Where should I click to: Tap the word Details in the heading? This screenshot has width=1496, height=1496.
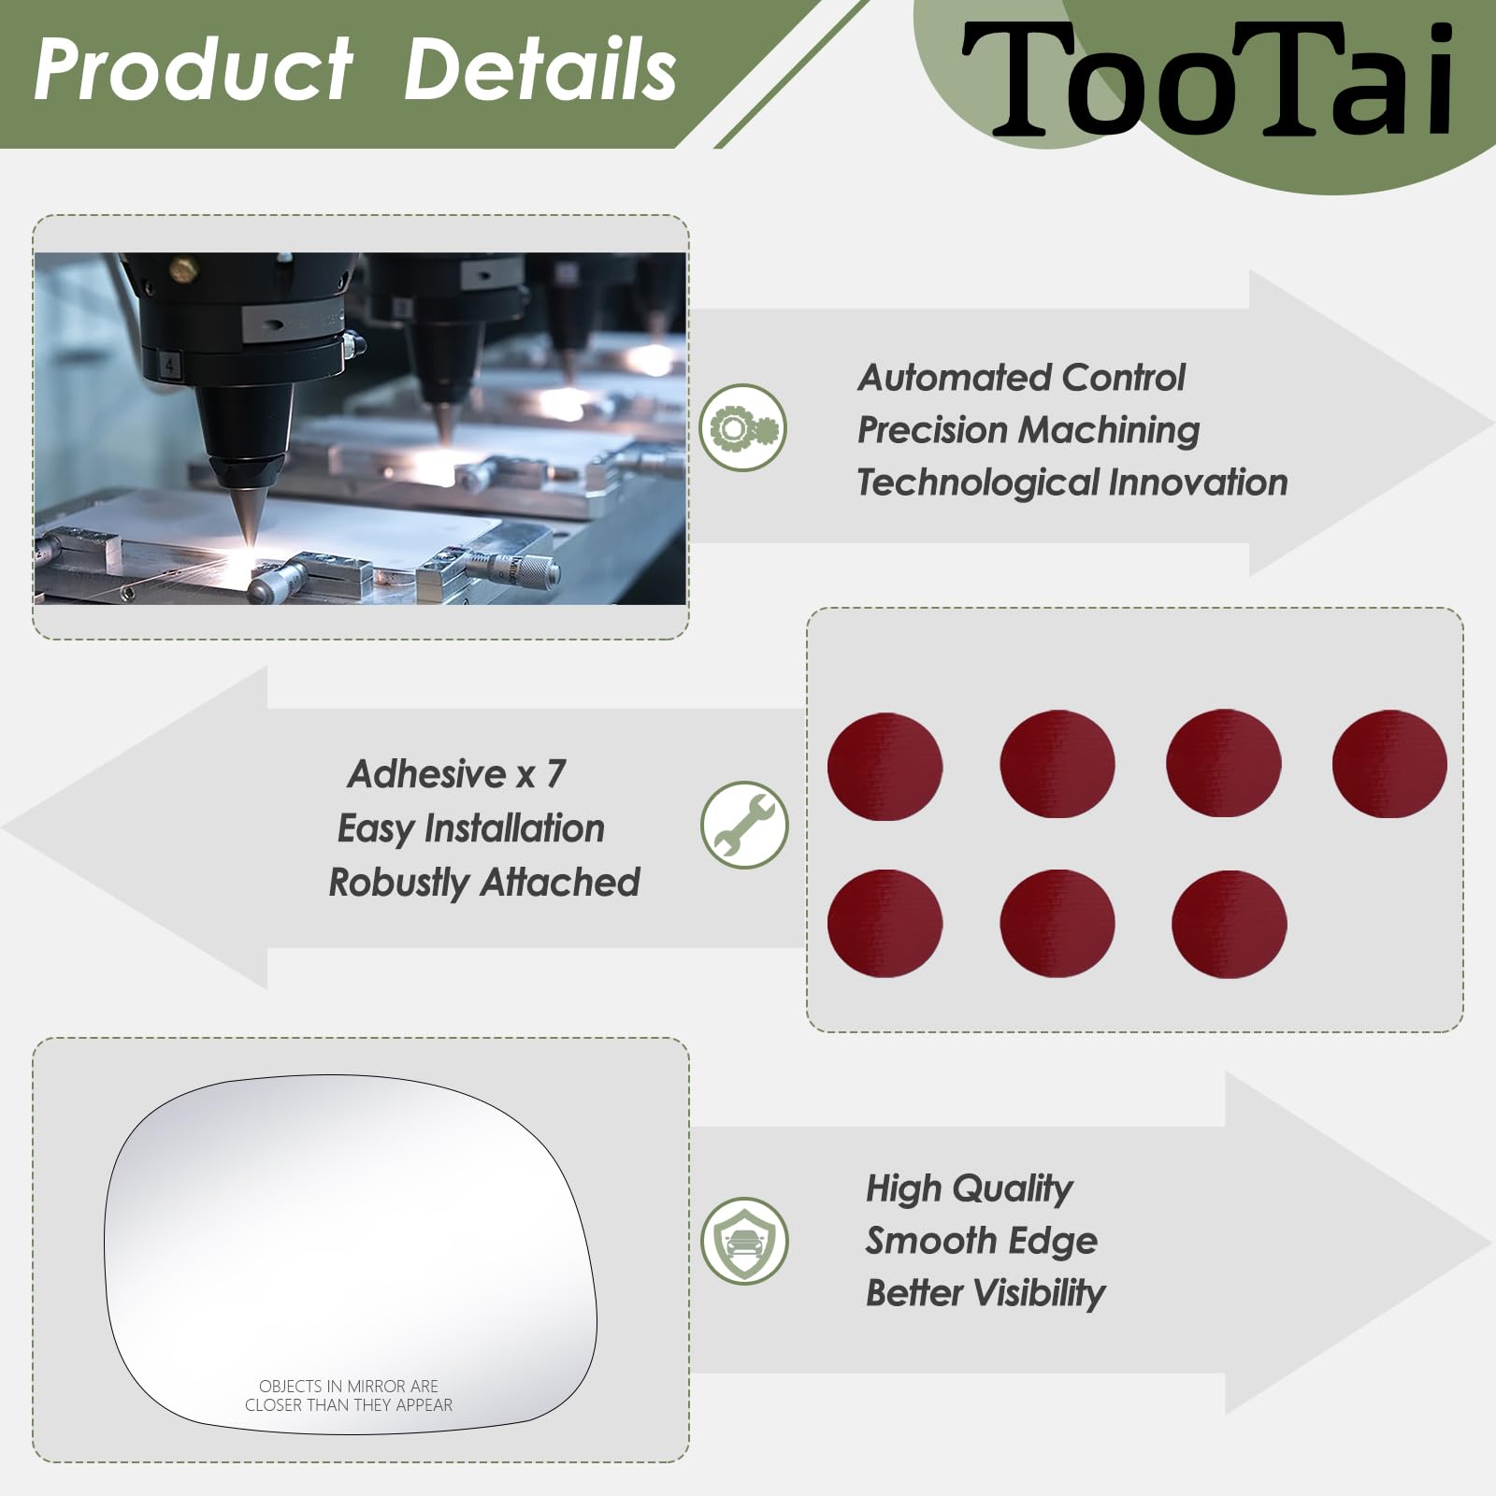[539, 69]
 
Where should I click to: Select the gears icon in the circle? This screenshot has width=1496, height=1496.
[743, 428]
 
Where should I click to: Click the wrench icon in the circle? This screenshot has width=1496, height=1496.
[745, 825]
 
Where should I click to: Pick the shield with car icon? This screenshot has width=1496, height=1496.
[745, 1241]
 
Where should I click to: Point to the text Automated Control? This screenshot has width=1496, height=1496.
[1021, 378]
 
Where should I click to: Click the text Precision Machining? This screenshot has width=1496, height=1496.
[1028, 430]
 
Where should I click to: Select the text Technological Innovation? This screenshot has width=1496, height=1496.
[1072, 482]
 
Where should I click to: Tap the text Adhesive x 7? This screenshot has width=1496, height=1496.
[456, 774]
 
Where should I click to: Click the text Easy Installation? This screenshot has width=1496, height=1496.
[470, 828]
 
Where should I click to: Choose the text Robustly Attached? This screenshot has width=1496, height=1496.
[484, 883]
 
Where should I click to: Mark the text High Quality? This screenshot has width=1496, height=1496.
[970, 1189]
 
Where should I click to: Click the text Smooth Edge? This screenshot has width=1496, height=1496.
[982, 1241]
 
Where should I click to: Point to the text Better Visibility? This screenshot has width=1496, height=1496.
[985, 1293]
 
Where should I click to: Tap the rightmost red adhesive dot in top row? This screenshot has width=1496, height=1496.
[1389, 764]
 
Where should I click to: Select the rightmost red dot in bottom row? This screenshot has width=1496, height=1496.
[1229, 924]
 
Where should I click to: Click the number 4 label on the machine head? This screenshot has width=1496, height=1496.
[169, 364]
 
